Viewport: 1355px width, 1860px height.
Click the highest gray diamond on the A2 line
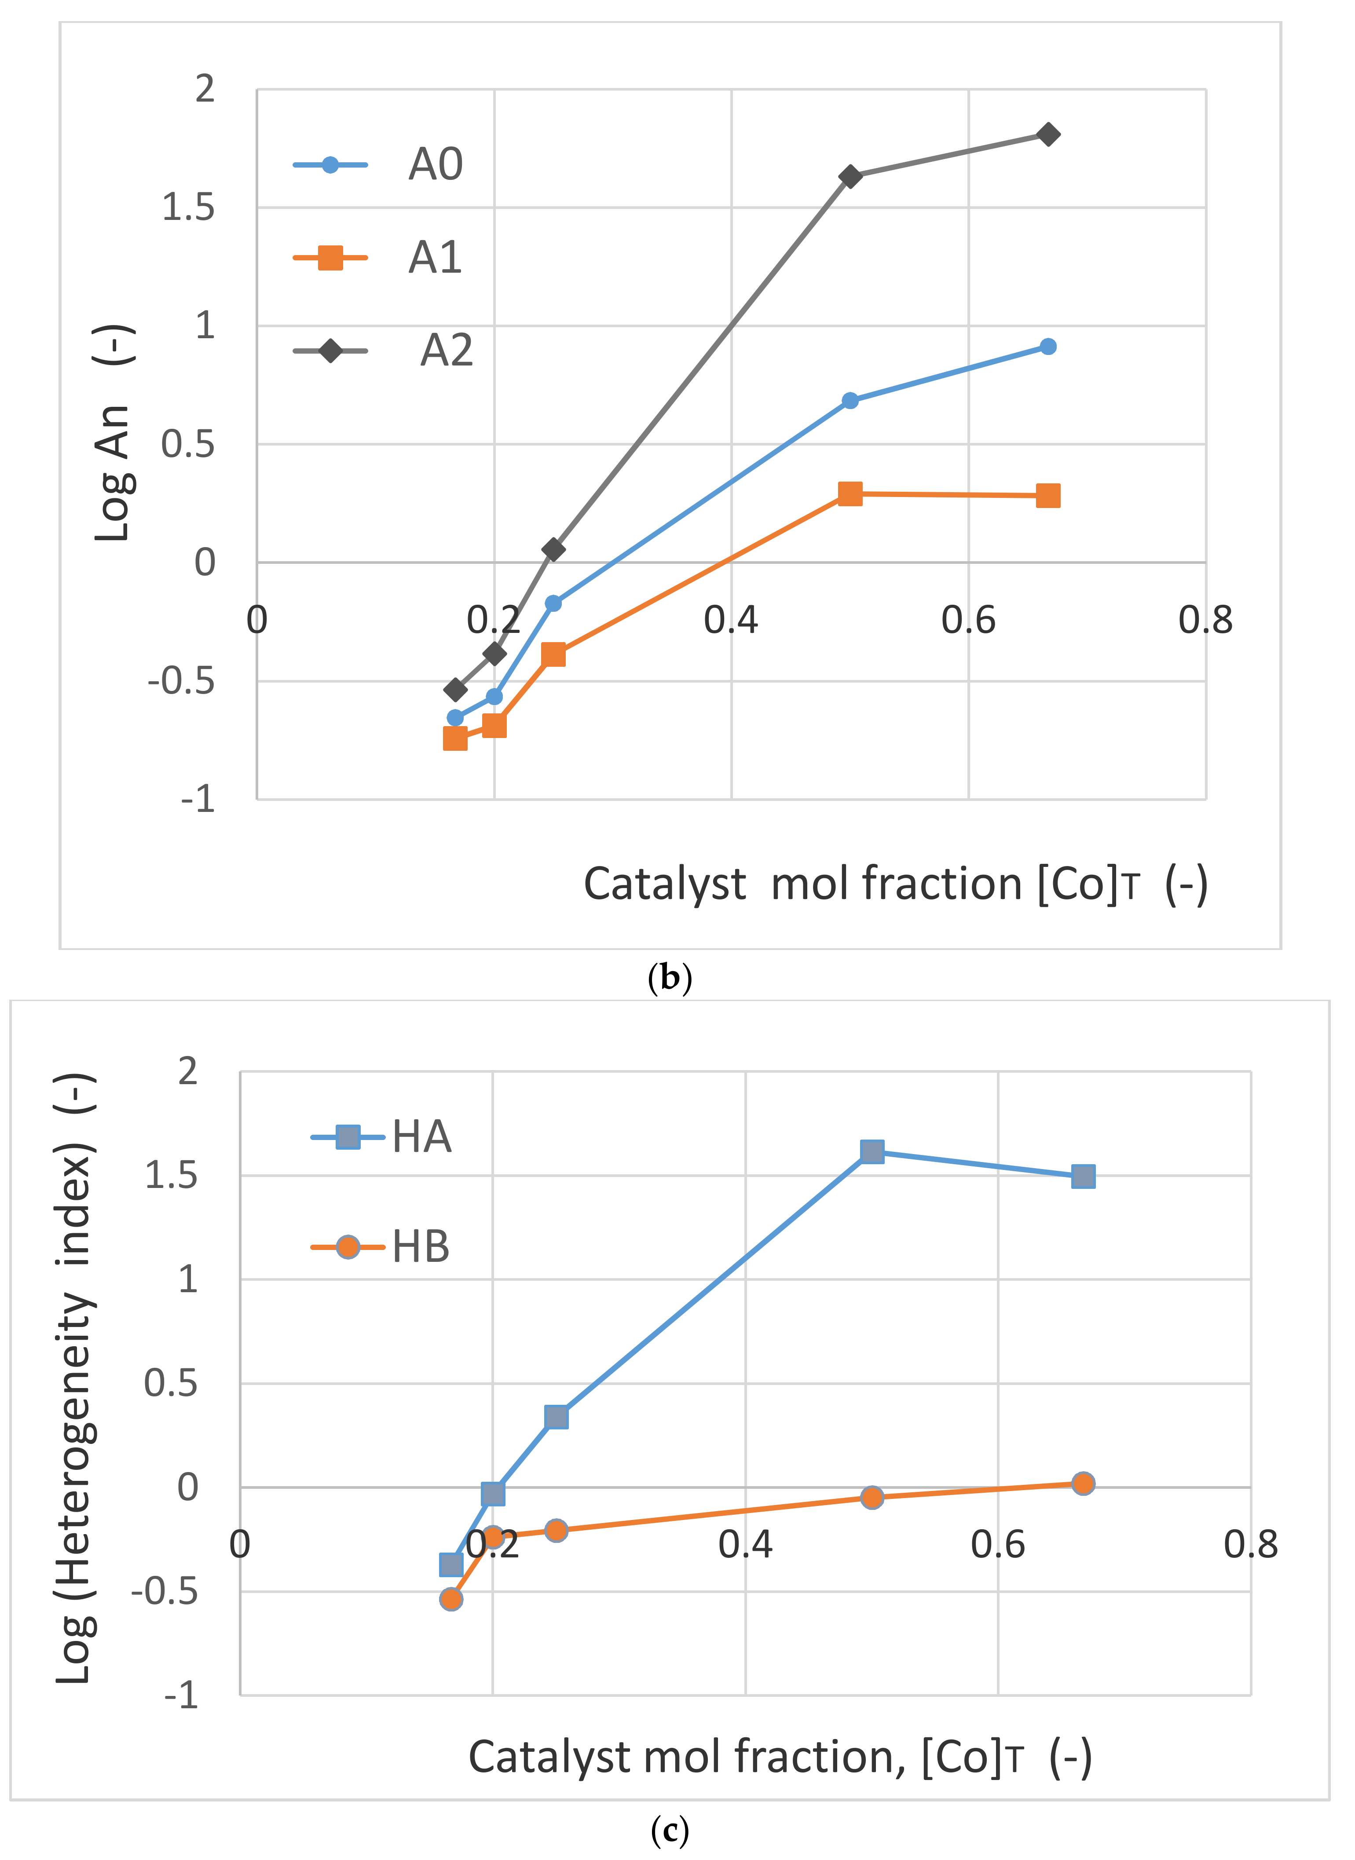point(1047,135)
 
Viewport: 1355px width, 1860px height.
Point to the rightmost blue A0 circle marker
point(1047,347)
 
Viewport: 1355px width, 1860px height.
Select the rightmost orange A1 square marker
point(1047,495)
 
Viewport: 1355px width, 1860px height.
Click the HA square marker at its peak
point(872,1151)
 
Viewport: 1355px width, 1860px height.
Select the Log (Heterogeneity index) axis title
point(76,1378)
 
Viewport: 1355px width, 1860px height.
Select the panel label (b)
point(669,979)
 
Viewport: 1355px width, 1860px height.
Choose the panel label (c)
point(669,1831)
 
